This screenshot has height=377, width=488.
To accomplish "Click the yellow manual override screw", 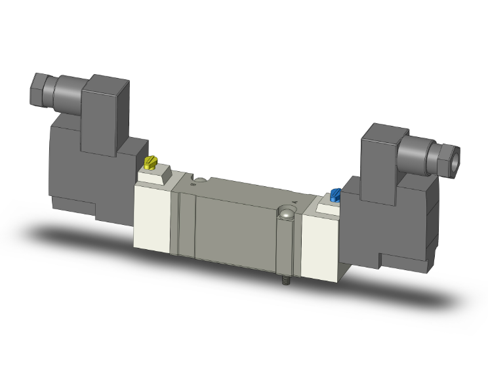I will coord(152,161).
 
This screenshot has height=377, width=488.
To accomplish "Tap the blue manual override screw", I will coord(336,194).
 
